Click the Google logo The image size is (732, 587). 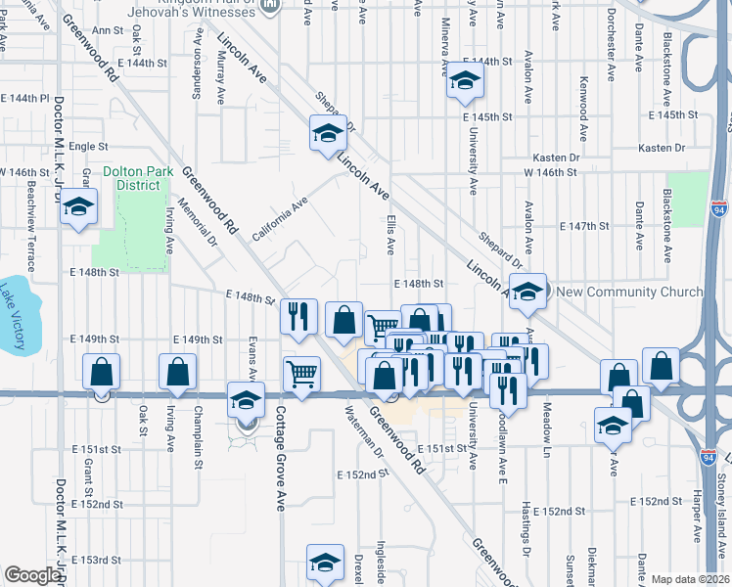(32, 575)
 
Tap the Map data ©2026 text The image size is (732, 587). (691, 579)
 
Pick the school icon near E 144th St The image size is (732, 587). (466, 82)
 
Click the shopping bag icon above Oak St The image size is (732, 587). (102, 372)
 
